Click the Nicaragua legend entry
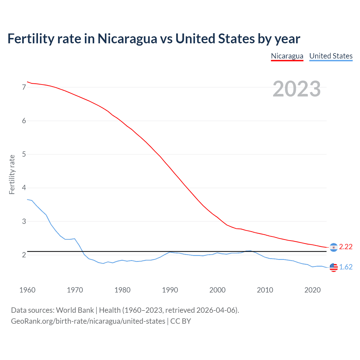click(287, 56)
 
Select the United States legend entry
click(331, 56)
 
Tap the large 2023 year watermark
click(296, 89)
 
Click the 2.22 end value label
click(346, 247)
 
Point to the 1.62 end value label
click(346, 267)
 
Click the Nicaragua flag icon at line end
click(334, 247)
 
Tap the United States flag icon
click(334, 267)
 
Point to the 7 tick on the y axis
click(24, 87)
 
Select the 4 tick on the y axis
click(24, 188)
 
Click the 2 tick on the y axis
click(24, 255)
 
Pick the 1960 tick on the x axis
click(27, 290)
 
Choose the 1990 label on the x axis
click(170, 290)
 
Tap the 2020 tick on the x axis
click(312, 290)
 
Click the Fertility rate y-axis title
click(12, 174)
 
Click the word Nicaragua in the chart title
click(127, 39)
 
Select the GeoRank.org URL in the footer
click(88, 321)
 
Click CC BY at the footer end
click(181, 321)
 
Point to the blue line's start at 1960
click(28, 199)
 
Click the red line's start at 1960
click(28, 82)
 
